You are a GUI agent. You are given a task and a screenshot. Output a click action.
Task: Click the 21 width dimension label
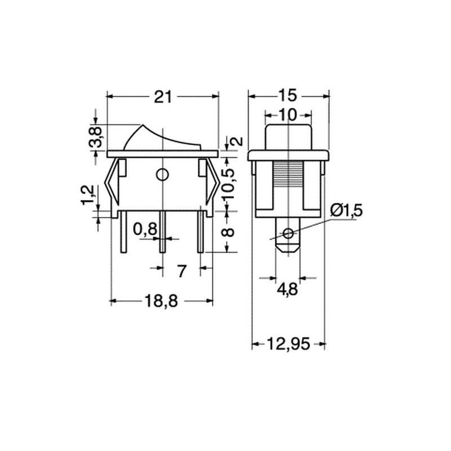[x=163, y=96]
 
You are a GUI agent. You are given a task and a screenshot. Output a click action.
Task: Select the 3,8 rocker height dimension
[x=95, y=136]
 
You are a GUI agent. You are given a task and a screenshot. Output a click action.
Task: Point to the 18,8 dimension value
[x=161, y=301]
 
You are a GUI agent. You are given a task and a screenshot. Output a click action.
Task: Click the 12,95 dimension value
[x=289, y=344]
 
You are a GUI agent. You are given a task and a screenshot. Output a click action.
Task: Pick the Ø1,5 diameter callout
[x=346, y=211]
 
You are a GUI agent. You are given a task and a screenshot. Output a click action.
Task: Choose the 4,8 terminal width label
[x=288, y=289]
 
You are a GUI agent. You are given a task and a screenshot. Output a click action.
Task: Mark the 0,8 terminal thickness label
[x=145, y=229]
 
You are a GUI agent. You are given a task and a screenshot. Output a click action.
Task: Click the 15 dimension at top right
[x=288, y=95]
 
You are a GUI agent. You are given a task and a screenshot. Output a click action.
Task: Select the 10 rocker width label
[x=288, y=115]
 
